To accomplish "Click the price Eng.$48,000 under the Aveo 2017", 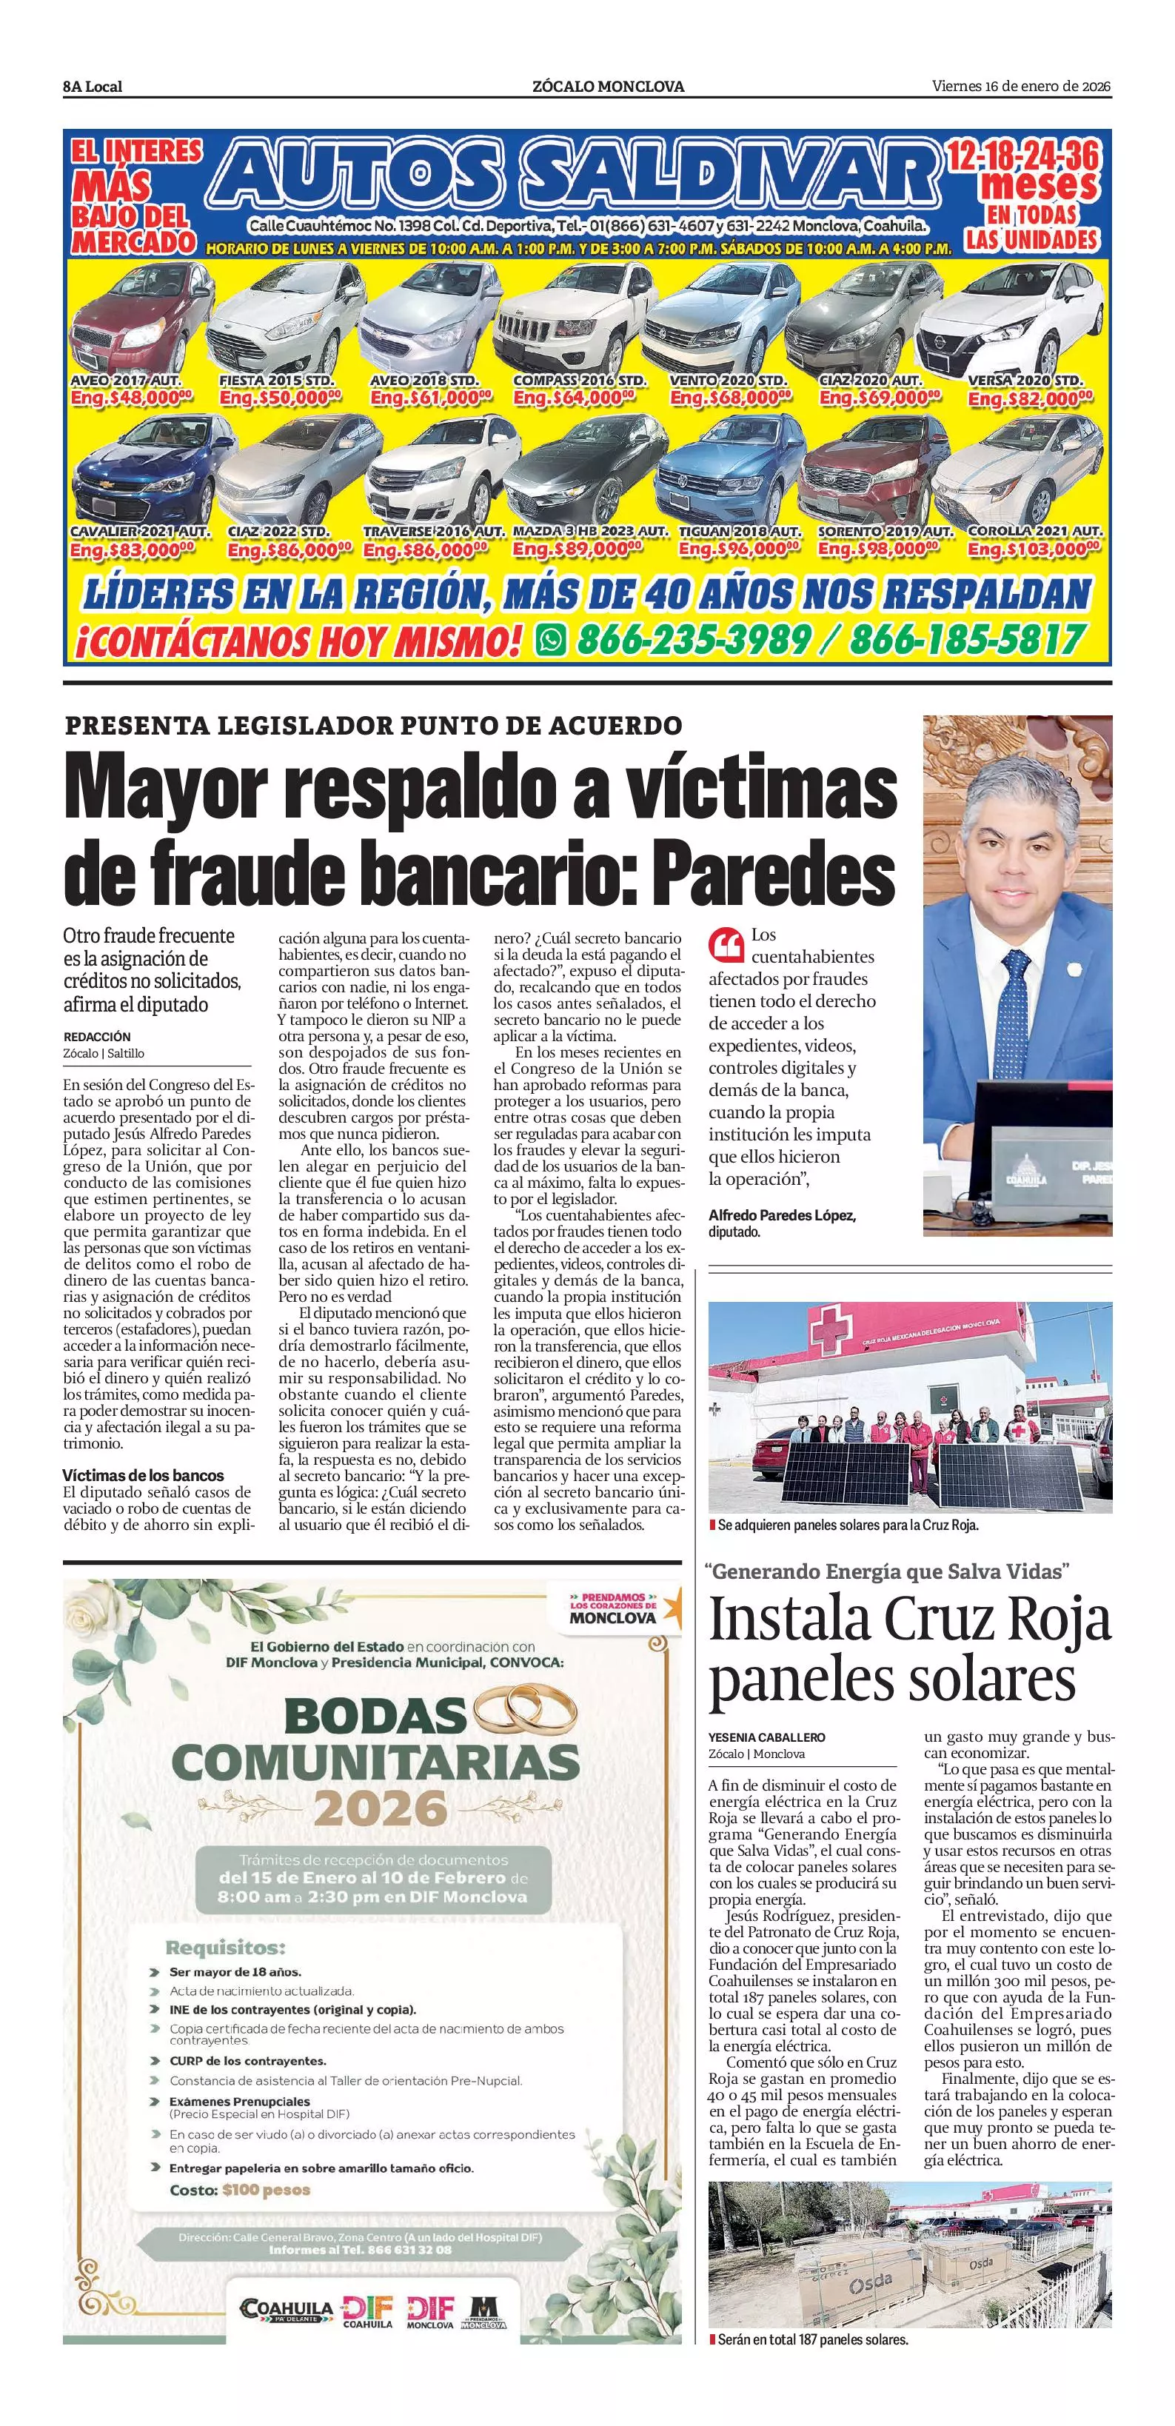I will pyautogui.click(x=131, y=398).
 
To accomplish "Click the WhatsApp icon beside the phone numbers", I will pyautogui.click(x=551, y=641).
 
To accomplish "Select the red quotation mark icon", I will pyautogui.click(x=725, y=943).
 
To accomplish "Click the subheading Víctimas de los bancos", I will pyautogui.click(x=143, y=1475).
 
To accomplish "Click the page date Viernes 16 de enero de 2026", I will pyautogui.click(x=1022, y=87).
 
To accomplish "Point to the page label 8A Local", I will pyautogui.click(x=93, y=87).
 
